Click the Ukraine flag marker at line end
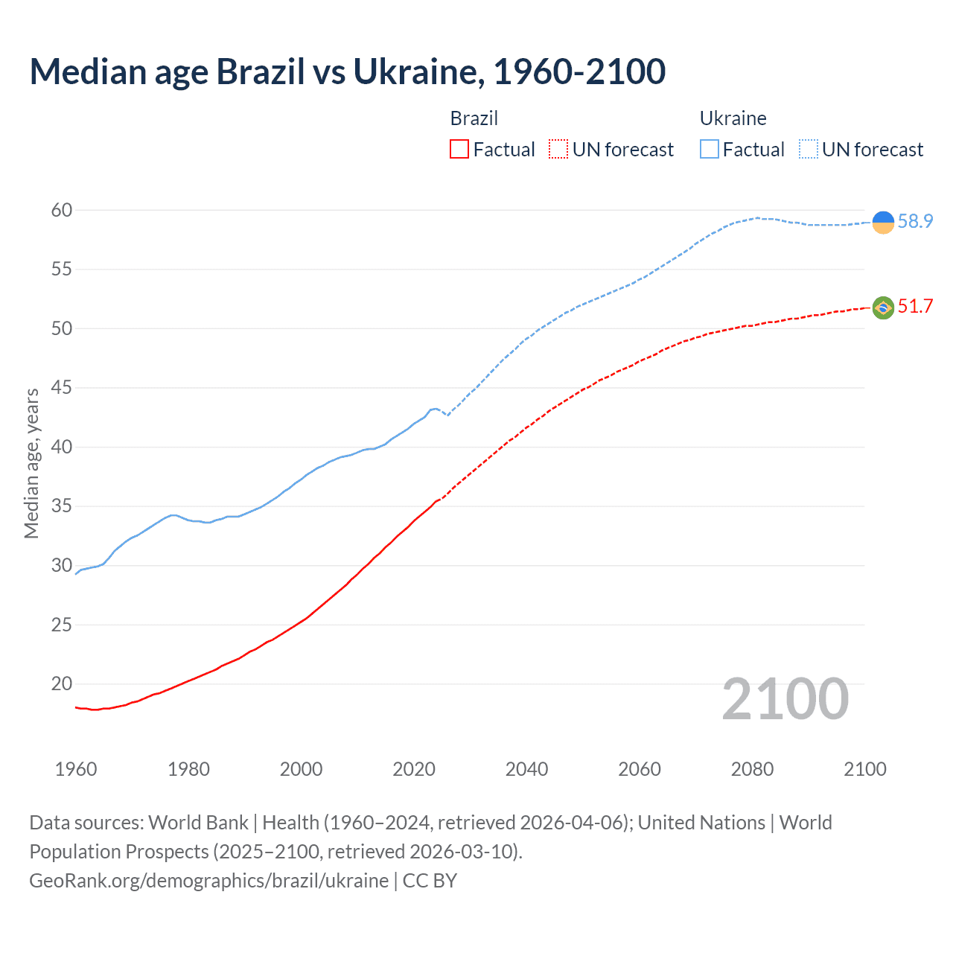883,222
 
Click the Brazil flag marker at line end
883,307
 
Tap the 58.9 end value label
915,221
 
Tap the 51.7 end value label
915,306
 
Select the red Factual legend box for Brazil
459,150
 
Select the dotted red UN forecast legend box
558,150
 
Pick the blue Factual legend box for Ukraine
710,150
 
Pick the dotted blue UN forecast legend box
808,150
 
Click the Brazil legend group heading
474,118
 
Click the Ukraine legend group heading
733,118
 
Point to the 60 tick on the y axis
62,210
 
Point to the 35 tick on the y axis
62,506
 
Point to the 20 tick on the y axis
62,683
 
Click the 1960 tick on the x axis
76,769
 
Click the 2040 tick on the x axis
526,769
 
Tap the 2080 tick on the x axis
752,769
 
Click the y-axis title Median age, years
31,463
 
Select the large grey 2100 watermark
785,698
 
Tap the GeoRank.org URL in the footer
208,881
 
